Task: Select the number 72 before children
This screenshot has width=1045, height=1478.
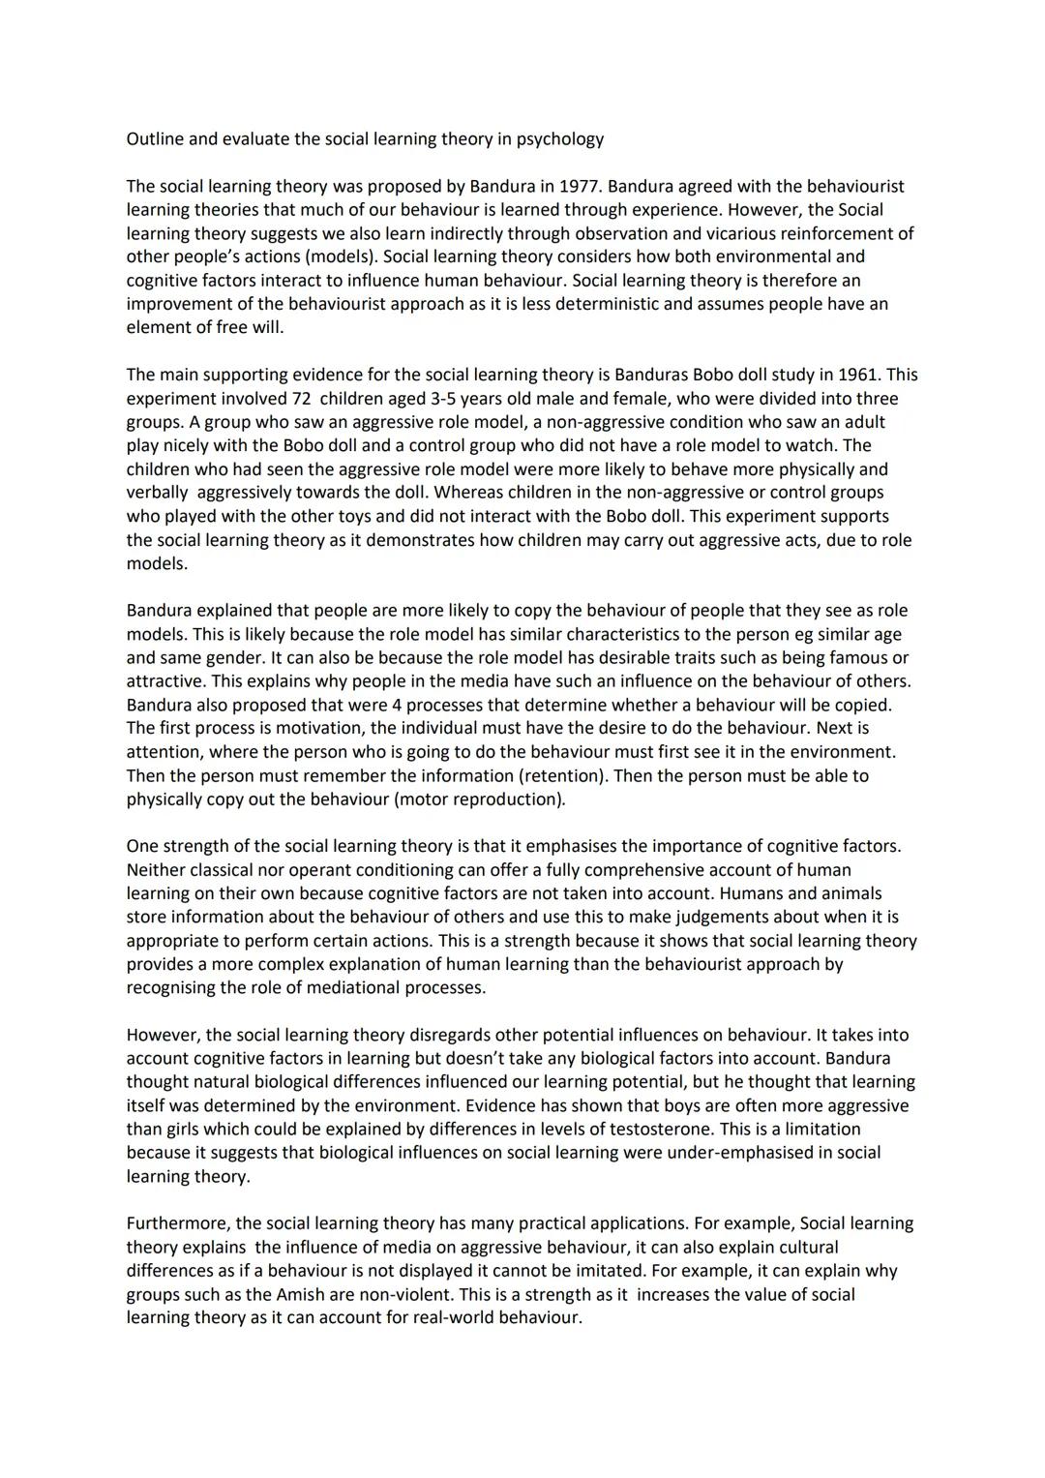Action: coord(302,399)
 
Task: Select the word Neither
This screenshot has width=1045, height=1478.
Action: coord(157,870)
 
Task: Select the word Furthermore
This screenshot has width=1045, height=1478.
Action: coord(181,1223)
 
